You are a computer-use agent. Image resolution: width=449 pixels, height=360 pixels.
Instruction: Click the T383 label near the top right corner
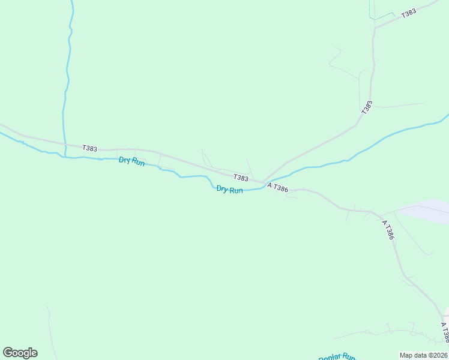pos(409,13)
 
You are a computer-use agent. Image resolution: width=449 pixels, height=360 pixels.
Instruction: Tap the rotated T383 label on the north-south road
pos(367,108)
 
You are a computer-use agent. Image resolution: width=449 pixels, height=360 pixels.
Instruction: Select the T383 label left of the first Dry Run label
pos(90,148)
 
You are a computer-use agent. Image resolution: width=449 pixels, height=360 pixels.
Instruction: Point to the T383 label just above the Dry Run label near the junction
pos(241,178)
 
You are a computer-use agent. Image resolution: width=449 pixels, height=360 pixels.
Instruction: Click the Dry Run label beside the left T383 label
pos(131,161)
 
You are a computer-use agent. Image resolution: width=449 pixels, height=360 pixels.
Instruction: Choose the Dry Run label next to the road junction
pos(229,190)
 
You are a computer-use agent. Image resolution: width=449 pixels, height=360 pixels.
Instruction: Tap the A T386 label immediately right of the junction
pos(278,188)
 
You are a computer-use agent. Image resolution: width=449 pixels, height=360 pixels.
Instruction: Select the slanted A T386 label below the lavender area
pos(388,230)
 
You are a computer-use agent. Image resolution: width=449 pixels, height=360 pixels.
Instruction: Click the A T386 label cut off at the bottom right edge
pos(444,333)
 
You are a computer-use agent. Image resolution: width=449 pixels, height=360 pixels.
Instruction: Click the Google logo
pos(20,353)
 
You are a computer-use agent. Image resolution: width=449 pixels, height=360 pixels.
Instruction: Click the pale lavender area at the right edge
pos(429,212)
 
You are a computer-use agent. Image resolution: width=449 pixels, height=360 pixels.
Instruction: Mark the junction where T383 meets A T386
pos(263,182)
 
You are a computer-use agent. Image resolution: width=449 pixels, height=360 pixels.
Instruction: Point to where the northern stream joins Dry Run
pos(65,157)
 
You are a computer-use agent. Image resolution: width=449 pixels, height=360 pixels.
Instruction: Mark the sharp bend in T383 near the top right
pos(375,27)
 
